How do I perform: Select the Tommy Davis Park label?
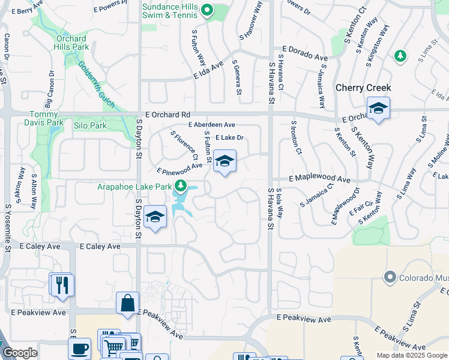[46, 118]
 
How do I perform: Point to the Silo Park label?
[89, 126]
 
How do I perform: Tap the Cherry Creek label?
[363, 88]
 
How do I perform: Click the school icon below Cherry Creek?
[378, 109]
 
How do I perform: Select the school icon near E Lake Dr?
[224, 161]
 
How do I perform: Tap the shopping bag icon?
[128, 304]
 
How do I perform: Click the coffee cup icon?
[80, 349]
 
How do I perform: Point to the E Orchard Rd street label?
[167, 114]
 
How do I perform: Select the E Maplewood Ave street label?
[319, 179]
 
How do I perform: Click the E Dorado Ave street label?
[305, 55]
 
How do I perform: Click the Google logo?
[19, 353]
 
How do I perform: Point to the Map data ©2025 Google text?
[412, 355]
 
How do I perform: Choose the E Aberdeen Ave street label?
[211, 125]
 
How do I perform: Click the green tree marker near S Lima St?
[399, 56]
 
